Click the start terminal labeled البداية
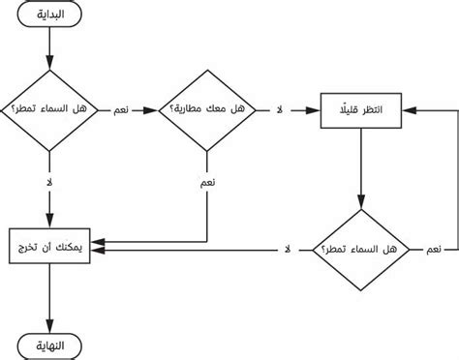(x=49, y=17)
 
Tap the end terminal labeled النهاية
(x=49, y=345)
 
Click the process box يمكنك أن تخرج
(x=48, y=249)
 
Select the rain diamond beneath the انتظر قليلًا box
(x=361, y=249)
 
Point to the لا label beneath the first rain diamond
(x=49, y=181)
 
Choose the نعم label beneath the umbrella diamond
(x=206, y=181)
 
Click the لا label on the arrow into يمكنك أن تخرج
(x=287, y=250)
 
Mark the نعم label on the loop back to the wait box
(x=436, y=250)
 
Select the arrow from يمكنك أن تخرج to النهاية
(x=49, y=300)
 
